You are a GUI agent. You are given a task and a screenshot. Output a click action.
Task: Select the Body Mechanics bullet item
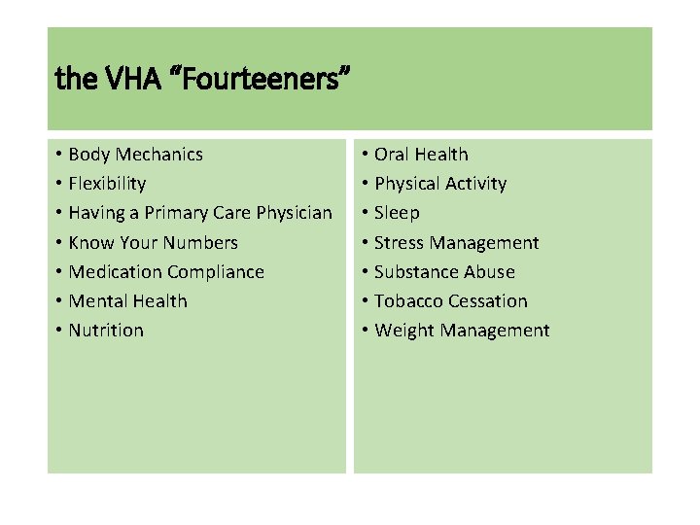point(135,155)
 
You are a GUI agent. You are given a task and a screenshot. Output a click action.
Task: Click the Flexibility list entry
point(107,184)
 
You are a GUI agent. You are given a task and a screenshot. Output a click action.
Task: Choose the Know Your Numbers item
point(153,243)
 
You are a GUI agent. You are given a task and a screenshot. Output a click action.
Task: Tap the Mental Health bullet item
point(127,301)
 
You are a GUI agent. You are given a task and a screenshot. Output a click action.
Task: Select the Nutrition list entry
point(106,331)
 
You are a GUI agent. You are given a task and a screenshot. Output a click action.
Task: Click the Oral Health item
point(421,155)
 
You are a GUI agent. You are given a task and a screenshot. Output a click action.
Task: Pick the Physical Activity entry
point(440,184)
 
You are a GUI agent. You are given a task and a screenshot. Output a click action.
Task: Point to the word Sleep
point(397,213)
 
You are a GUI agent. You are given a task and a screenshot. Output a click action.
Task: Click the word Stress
point(399,243)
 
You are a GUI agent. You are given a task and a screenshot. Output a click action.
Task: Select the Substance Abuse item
point(444,272)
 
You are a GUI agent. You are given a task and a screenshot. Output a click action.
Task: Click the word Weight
point(403,331)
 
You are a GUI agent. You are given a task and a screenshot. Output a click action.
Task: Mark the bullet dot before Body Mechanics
point(59,155)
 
